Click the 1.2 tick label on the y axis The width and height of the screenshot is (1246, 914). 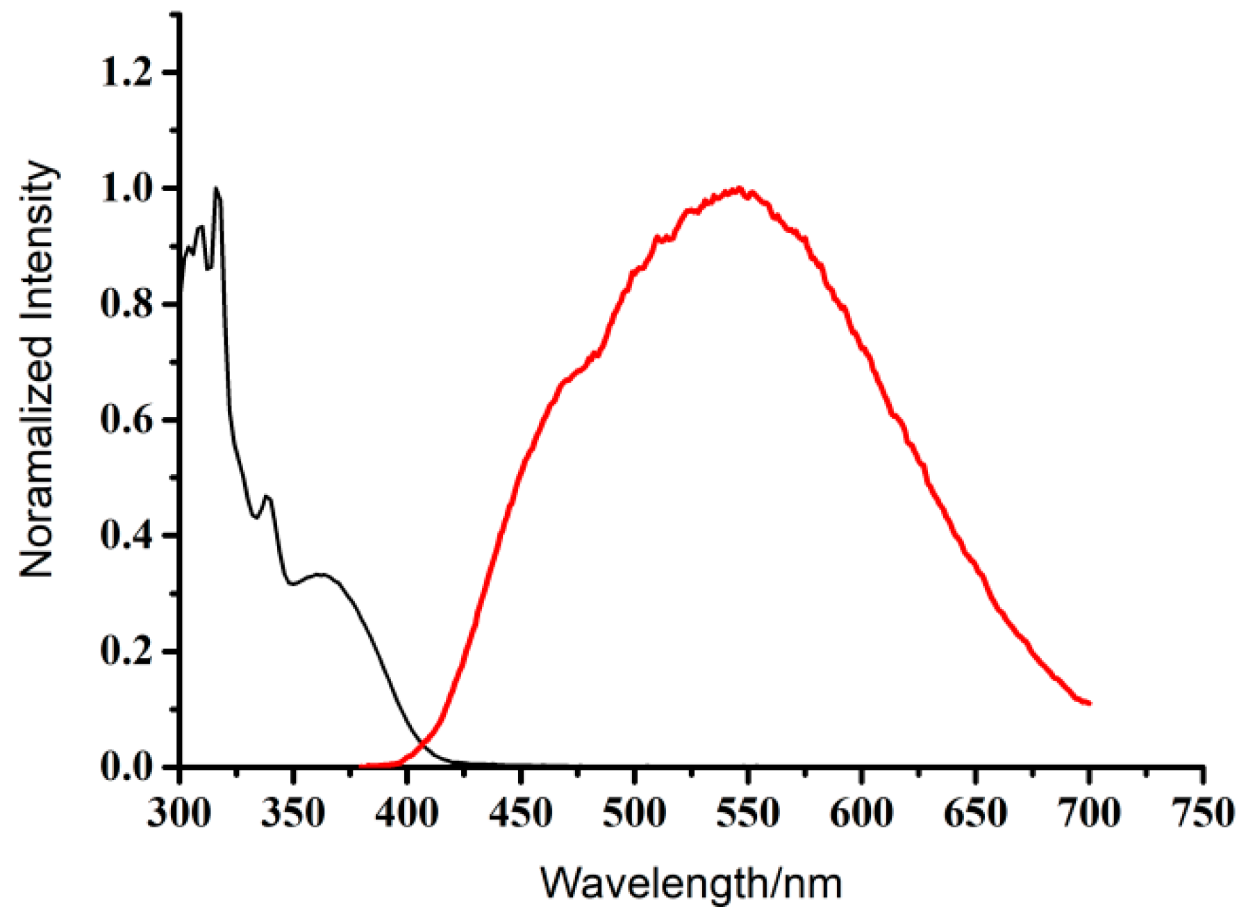(x=127, y=72)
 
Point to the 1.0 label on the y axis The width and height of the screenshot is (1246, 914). (x=127, y=188)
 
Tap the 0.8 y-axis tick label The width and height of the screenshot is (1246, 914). (x=127, y=304)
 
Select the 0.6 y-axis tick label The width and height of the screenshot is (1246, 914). (x=127, y=420)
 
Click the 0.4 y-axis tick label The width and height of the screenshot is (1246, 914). (x=127, y=536)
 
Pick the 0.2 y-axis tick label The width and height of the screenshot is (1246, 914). (x=127, y=652)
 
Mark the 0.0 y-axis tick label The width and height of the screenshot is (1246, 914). (x=127, y=767)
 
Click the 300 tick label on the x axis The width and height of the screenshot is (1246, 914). (x=179, y=812)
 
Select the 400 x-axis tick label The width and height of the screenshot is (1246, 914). (x=407, y=812)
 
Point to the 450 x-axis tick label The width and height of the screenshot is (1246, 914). (x=521, y=812)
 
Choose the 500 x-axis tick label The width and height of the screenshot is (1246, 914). (x=634, y=812)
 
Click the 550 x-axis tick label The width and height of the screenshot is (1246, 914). (x=748, y=812)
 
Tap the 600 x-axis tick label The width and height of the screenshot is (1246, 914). (x=862, y=812)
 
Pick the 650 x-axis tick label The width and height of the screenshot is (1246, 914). (x=975, y=812)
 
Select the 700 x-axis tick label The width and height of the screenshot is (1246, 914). (x=1089, y=812)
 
